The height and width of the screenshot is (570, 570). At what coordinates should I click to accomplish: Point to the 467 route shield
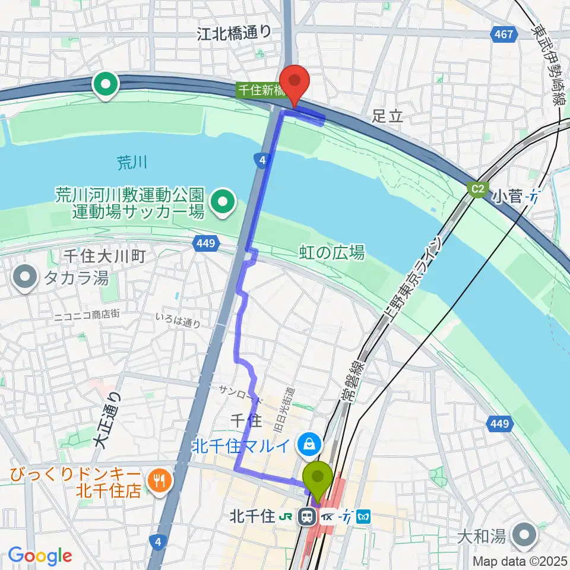coord(502,35)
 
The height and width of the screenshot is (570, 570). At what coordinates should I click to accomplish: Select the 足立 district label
coord(387,115)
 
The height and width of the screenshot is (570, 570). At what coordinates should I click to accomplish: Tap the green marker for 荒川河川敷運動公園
coord(223,202)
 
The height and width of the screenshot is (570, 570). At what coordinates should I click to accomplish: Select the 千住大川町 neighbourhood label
coord(104,256)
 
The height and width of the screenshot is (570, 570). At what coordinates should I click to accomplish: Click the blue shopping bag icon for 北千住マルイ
coord(309,442)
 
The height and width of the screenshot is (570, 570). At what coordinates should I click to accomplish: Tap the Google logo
coord(40,556)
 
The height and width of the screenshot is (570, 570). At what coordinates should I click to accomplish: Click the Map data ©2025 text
coord(520,561)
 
